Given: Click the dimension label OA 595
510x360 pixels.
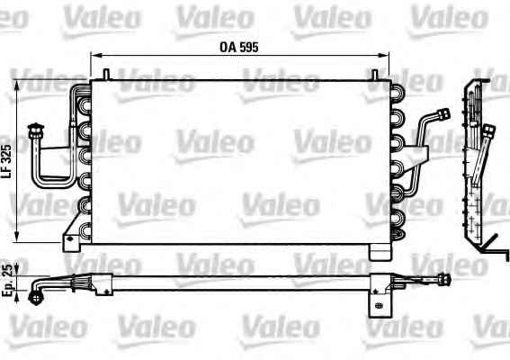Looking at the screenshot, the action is pos(239,47).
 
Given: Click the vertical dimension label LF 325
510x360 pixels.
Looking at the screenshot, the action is pos(7,161).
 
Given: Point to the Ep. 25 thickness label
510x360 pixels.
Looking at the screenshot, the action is pos(7,281).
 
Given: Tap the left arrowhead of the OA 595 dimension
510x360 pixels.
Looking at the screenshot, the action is pos(94,56).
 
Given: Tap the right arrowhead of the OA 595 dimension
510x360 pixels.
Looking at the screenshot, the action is pos(385,56).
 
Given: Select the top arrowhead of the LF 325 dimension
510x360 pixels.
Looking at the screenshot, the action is pos(17,85).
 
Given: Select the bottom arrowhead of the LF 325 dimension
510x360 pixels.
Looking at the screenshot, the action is pos(17,238).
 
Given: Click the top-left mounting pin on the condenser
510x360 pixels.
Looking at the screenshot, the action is pos(106,74).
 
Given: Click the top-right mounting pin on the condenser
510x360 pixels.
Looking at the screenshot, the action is pos(375,75).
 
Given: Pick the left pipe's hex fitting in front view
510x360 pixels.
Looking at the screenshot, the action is pos(35,130).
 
